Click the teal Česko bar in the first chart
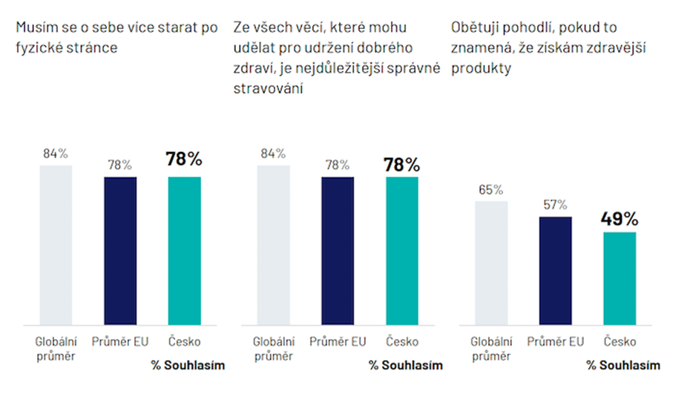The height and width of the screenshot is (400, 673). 184,250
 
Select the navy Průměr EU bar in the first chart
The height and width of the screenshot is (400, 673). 120,250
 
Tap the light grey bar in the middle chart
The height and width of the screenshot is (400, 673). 273,245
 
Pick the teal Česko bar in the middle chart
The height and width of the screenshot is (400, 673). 402,250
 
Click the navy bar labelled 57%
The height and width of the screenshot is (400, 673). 555,270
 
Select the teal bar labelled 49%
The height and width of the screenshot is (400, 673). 620,278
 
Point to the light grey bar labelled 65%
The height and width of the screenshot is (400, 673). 491,263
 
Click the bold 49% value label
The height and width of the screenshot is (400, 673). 620,218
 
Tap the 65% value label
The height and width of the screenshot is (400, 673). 491,189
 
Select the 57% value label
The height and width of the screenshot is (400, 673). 555,204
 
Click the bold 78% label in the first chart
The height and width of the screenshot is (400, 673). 184,160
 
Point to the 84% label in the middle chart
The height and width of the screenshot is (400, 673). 273,154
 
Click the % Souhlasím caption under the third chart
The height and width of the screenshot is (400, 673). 623,365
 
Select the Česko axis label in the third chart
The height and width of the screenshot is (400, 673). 620,341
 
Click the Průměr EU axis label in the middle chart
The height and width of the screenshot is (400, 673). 338,341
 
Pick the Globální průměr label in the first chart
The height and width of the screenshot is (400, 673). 56,348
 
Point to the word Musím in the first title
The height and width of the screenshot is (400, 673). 34,29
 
